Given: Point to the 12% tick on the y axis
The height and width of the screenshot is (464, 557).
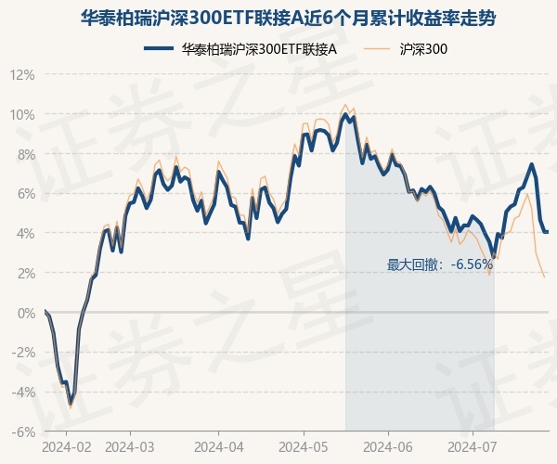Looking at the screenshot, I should coord(22,74).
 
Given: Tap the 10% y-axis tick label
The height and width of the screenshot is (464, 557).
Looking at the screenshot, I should coord(22,114).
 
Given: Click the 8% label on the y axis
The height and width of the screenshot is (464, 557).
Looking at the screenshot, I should coord(25,154).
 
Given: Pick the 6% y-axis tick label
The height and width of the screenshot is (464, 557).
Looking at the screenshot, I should coord(25,194).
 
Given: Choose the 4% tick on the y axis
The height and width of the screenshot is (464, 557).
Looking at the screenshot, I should coord(25,233).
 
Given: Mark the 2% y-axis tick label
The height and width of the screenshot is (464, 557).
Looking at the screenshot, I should coord(25,273).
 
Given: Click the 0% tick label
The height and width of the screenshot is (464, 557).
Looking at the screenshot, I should coord(25,313).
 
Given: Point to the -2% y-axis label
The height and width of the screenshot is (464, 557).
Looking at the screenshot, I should coord(23,353).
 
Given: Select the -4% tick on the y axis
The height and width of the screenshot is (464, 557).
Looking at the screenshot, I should coord(23,393).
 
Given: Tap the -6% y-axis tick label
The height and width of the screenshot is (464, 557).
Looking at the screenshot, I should coord(23,432).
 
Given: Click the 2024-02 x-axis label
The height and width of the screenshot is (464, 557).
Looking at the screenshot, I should coord(68,447).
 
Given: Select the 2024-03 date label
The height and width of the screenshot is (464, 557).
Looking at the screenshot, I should coord(131,447).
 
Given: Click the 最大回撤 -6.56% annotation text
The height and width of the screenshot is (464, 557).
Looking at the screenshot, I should coord(440,264).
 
